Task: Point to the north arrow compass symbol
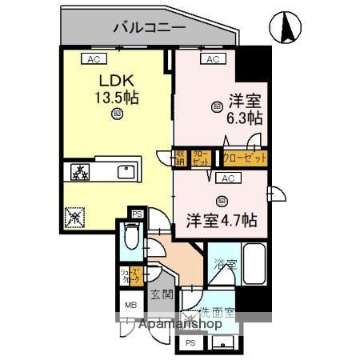pyautogui.click(x=286, y=28)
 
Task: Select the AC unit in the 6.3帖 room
pyautogui.click(x=212, y=59)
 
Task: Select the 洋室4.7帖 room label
pyautogui.click(x=223, y=217)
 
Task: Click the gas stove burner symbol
pyautogui.click(x=81, y=171)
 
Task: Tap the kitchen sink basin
pyautogui.click(x=126, y=171)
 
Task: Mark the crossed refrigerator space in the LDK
pyautogui.click(x=74, y=215)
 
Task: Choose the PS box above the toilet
pyautogui.click(x=137, y=214)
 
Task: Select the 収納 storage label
pyautogui.click(x=182, y=158)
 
